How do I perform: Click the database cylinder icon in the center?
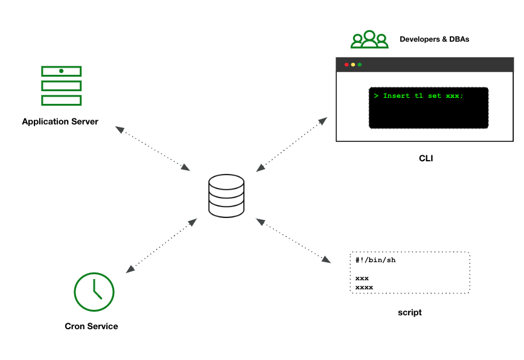tap(226, 195)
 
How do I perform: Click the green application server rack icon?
tap(61, 85)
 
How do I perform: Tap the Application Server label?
tap(60, 121)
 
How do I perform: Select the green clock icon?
tap(94, 292)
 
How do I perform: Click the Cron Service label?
tap(91, 326)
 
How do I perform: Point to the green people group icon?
tap(369, 39)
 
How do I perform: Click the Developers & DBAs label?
tap(434, 39)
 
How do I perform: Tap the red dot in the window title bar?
tap(347, 65)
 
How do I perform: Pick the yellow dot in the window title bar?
tap(353, 65)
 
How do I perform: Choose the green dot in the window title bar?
tap(360, 65)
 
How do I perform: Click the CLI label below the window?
tap(426, 159)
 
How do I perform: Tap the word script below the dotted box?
tap(410, 312)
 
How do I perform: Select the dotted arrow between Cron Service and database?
tap(160, 245)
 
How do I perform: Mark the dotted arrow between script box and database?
tap(294, 241)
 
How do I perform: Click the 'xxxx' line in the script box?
tap(364, 287)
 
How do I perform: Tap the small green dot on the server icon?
tap(61, 71)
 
